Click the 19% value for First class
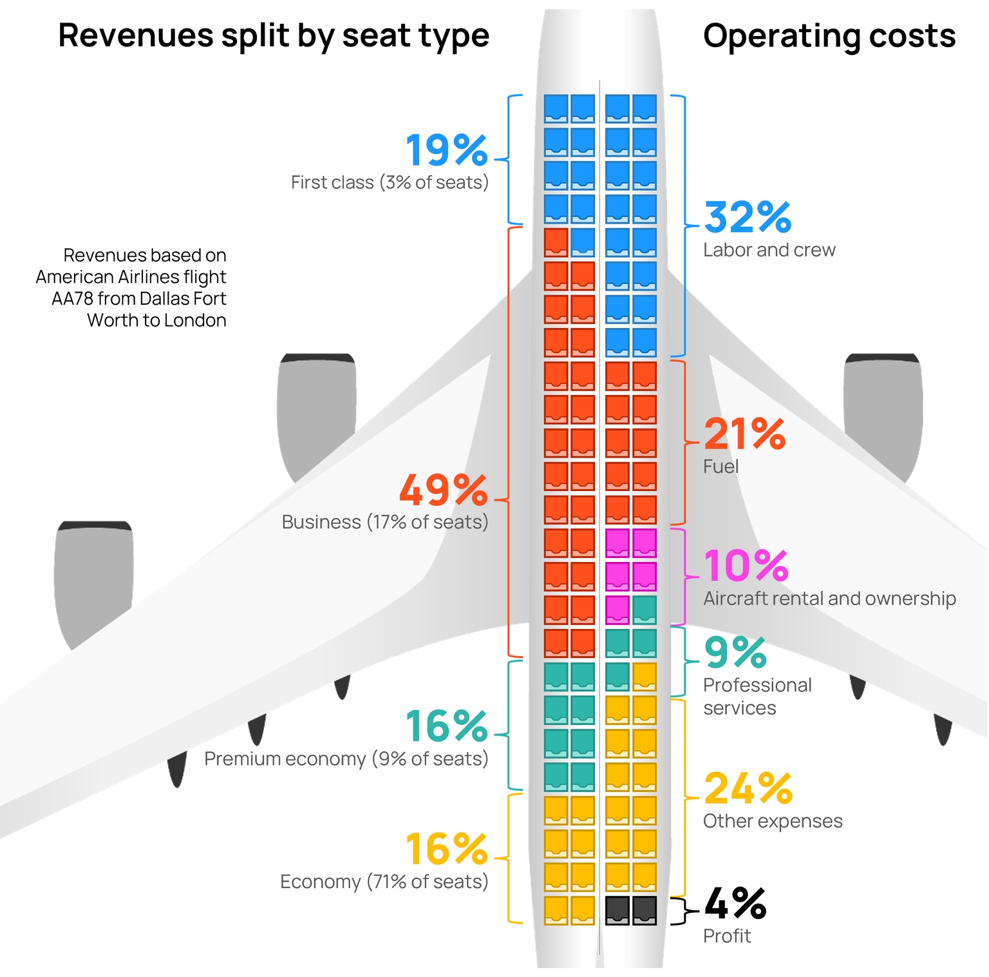pos(446,151)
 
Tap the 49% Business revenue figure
pos(443,490)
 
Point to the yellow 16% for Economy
pos(446,849)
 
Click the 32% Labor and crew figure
pos(748,217)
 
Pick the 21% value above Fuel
pos(744,434)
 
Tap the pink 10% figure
pos(746,566)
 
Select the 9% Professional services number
pos(735,653)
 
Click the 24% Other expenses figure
pos(748,788)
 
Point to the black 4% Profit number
pos(735,904)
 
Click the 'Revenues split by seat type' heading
pos(274,35)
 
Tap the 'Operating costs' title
pos(829,35)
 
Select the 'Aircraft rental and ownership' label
pos(829,599)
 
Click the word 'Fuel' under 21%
pos(721,467)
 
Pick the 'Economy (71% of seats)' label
pos(384,882)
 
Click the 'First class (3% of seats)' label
pos(390,182)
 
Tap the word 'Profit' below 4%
pos(727,936)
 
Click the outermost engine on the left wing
pos(94,580)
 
